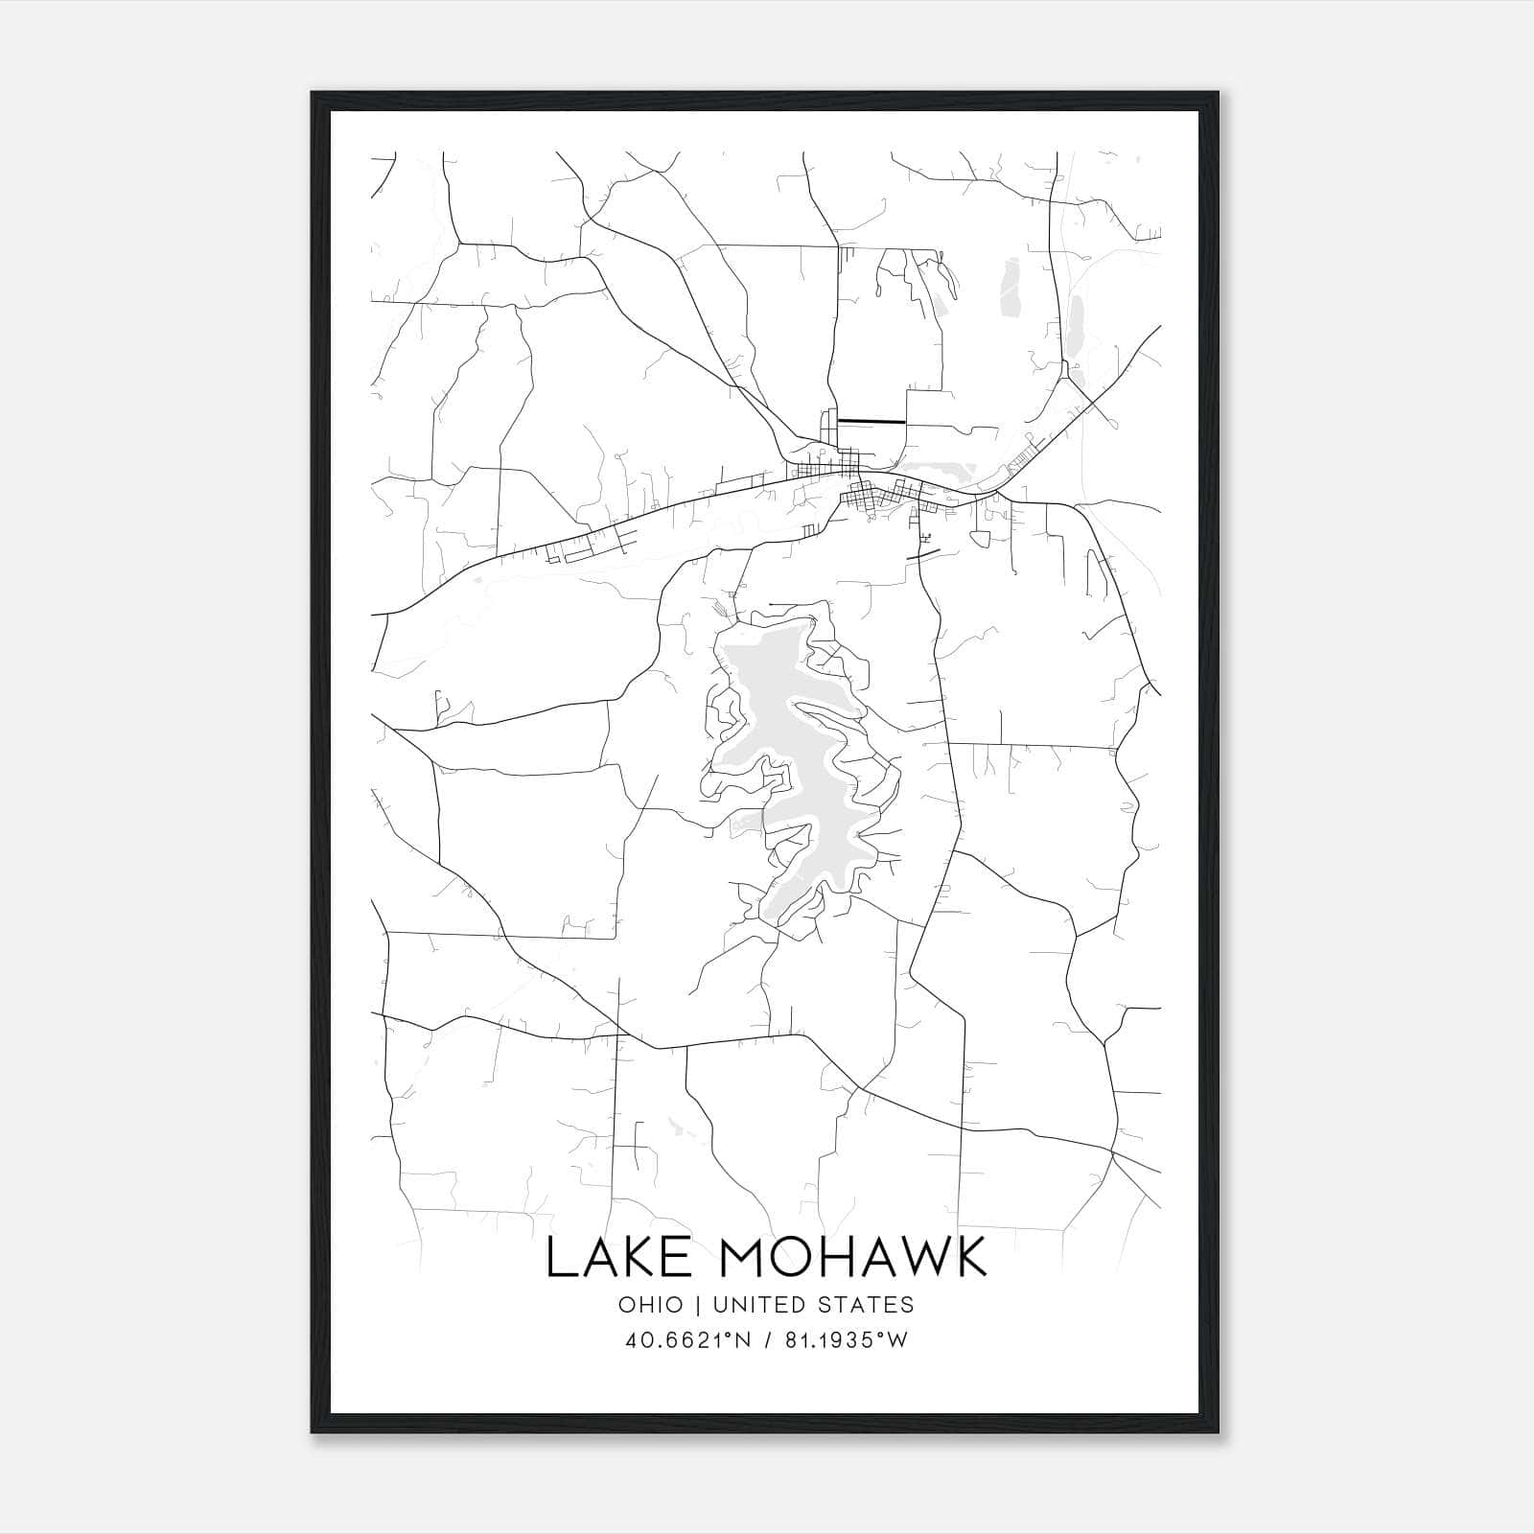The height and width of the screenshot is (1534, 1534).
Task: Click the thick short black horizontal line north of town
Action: pyautogui.click(x=871, y=421)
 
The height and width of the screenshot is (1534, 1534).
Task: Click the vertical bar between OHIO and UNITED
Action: pyautogui.click(x=697, y=1305)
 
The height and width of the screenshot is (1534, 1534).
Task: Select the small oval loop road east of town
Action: pyautogui.click(x=981, y=538)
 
